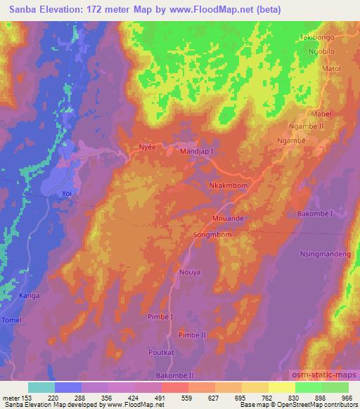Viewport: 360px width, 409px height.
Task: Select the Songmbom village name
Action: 212,235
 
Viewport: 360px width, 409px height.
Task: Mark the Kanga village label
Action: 28,295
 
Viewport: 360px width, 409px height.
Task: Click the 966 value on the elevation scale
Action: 346,398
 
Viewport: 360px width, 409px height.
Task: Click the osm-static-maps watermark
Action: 324,372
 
